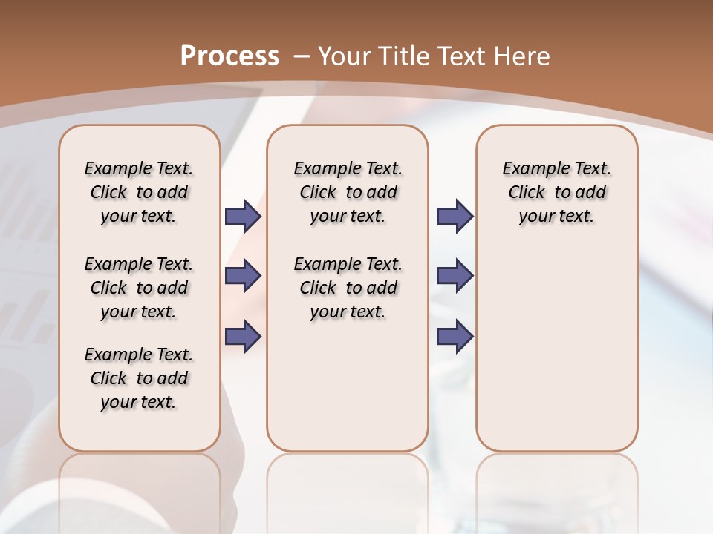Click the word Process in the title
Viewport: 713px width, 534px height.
[x=229, y=56]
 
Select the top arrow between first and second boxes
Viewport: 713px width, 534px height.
[x=243, y=216]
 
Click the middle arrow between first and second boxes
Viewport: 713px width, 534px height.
[x=243, y=276]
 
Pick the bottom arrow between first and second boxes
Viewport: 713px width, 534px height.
[x=243, y=335]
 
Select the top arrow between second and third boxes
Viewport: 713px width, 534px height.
[x=455, y=216]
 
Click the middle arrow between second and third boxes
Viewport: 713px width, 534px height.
[x=455, y=276]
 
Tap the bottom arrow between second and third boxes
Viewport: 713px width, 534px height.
[x=455, y=335]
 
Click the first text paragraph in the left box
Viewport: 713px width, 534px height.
[x=139, y=192]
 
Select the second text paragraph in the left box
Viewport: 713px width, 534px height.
[x=139, y=288]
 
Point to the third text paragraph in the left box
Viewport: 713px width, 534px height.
[x=139, y=378]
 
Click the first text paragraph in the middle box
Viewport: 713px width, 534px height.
[x=348, y=192]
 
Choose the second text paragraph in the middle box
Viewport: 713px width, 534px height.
[x=348, y=288]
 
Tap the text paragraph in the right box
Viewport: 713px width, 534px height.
[x=556, y=192]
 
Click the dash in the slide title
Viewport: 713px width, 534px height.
[x=302, y=56]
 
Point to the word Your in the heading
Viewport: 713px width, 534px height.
[x=347, y=56]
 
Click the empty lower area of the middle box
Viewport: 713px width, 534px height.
[x=348, y=386]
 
